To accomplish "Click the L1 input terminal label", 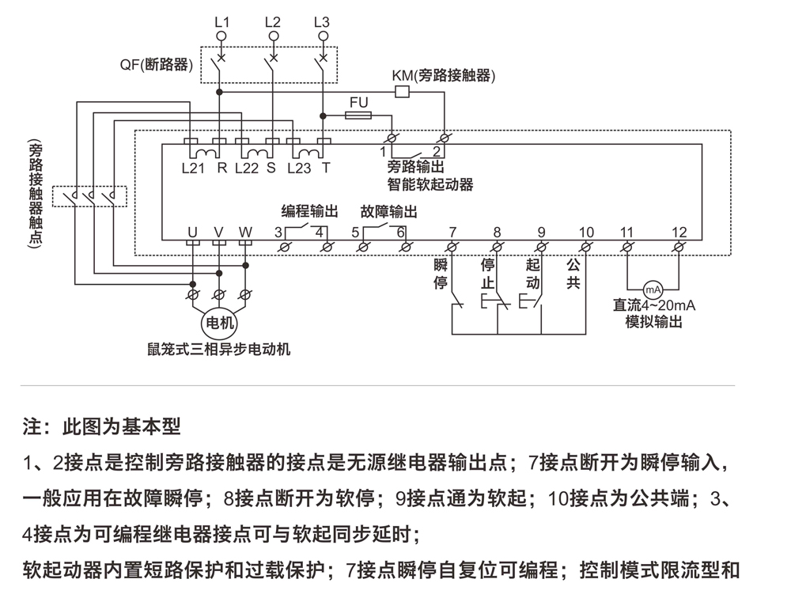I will [221, 22].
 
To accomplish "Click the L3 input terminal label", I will [321, 22].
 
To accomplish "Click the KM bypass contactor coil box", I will [401, 92].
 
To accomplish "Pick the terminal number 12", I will [679, 233].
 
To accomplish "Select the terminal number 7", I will [452, 233].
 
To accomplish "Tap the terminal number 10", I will [585, 233].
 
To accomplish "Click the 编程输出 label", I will [310, 212].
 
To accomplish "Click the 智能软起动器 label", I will [430, 184].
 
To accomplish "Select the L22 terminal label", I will [247, 168].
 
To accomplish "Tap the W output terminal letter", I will [245, 233].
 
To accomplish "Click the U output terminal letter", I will [192, 233].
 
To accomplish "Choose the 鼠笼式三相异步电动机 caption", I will [219, 349].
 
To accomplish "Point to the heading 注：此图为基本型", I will [102, 427].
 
